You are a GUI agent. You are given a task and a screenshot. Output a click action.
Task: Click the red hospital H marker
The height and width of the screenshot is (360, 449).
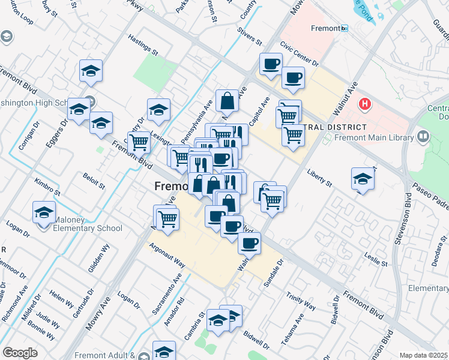click(364, 105)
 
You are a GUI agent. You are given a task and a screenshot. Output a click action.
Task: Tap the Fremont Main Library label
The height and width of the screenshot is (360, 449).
click(377, 137)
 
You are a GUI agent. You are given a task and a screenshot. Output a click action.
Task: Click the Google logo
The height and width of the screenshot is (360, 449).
click(20, 353)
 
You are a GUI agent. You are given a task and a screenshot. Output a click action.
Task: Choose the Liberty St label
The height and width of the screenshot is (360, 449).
click(319, 178)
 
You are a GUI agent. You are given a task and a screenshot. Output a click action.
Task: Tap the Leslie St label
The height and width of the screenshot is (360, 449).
click(378, 259)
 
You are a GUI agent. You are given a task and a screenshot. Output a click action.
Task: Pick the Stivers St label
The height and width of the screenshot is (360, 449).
click(250, 37)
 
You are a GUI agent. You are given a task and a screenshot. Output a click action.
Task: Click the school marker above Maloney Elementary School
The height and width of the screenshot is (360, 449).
click(43, 214)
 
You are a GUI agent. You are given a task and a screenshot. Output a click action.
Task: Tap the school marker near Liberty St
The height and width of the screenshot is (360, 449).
click(363, 179)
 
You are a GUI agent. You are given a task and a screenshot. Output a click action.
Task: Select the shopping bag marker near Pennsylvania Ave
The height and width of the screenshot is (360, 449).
click(228, 102)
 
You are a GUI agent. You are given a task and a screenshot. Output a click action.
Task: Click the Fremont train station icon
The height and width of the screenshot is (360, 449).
click(344, 28)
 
